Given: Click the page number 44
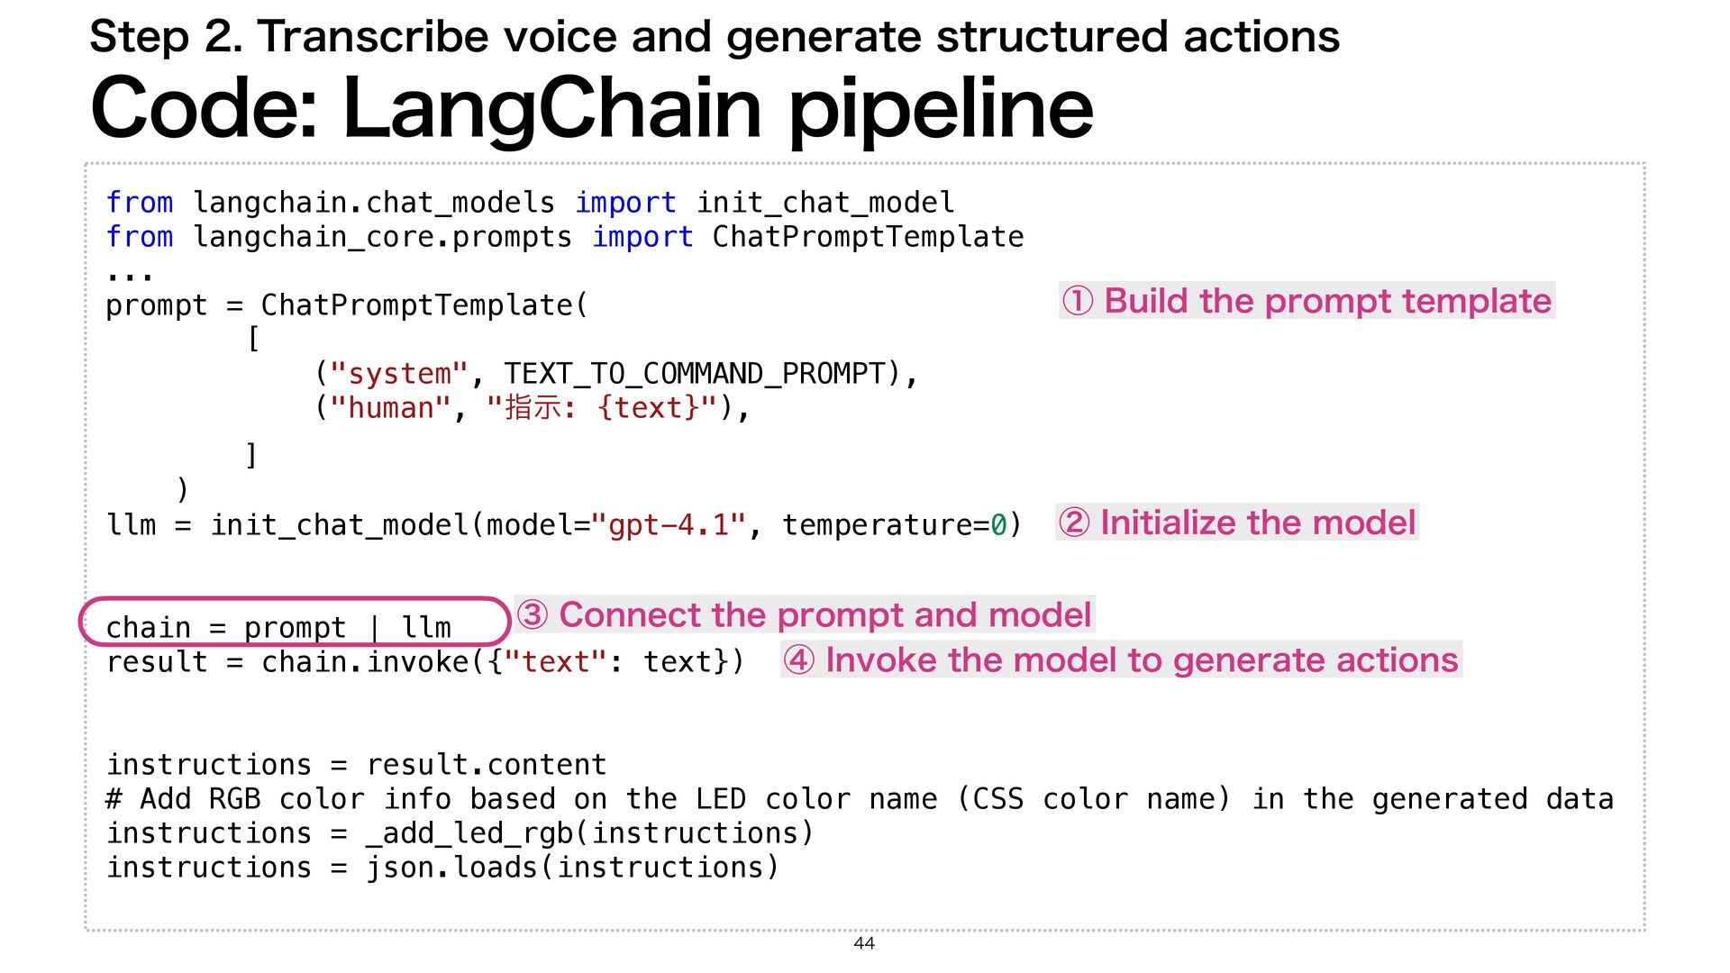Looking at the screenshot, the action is click(864, 943).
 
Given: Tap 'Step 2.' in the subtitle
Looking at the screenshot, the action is click(166, 37).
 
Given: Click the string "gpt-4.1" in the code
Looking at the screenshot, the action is click(669, 524).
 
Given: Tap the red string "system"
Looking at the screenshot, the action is click(399, 374).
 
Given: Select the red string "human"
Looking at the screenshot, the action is click(390, 408).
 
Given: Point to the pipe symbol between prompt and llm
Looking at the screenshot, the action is click(374, 628).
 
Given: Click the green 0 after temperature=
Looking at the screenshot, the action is click(998, 524).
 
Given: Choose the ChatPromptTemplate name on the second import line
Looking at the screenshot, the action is click(868, 237).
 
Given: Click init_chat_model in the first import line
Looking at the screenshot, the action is click(824, 203).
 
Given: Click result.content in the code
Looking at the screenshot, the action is click(487, 765).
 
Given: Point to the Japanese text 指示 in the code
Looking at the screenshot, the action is click(533, 408).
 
